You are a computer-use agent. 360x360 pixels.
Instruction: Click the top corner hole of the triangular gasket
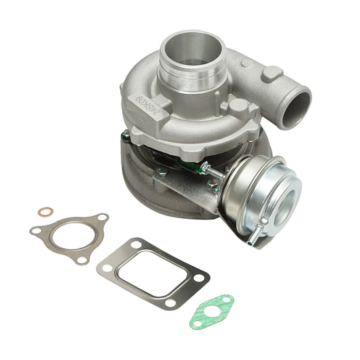pyautogui.click(x=101, y=218)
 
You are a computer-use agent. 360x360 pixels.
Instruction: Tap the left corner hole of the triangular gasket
pyautogui.click(x=35, y=231)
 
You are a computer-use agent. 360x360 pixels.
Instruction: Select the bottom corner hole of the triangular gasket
pyautogui.click(x=82, y=259)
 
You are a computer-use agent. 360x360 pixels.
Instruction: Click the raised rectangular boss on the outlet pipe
pyautogui.click(x=272, y=73)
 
